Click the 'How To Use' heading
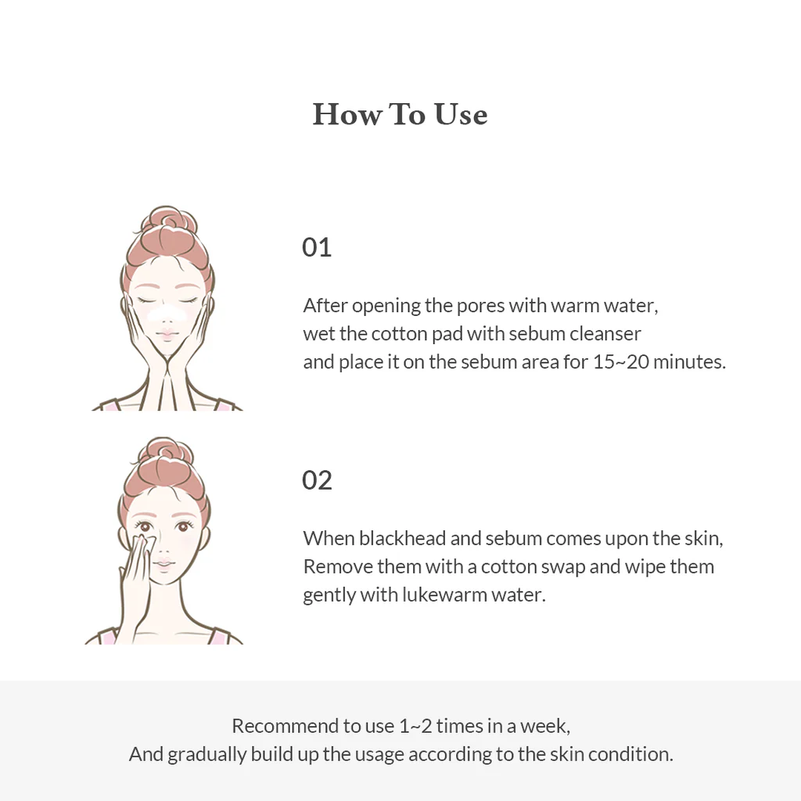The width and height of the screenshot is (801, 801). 400,114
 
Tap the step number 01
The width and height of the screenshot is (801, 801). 317,247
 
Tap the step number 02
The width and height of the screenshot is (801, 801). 317,480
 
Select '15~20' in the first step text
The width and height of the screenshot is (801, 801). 620,362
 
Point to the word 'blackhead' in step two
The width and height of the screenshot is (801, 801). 396,538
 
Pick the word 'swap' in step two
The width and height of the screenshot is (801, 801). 564,566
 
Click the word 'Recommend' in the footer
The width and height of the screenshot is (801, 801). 285,725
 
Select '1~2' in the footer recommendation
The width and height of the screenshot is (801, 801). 415,725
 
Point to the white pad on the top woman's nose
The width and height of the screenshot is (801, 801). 165,314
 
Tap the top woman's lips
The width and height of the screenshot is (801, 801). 166,335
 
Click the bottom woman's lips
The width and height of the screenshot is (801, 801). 163,562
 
